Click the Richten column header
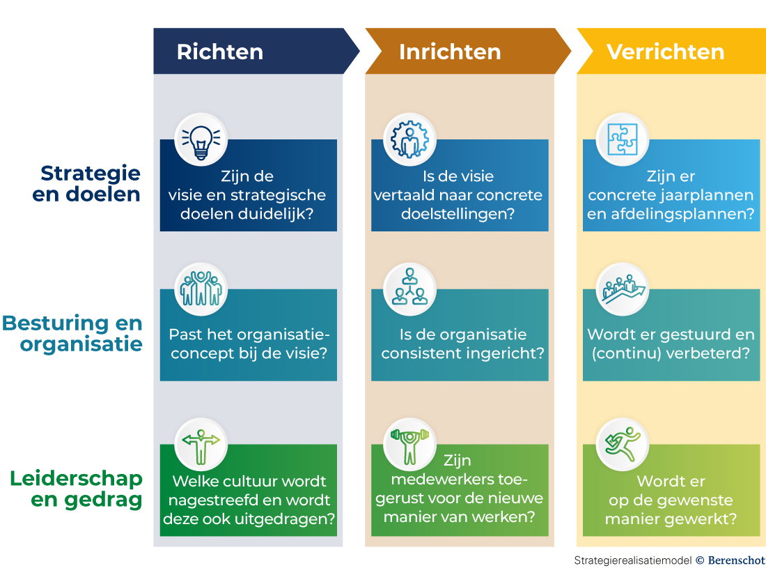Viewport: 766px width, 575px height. tap(220, 52)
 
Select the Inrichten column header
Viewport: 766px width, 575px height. tap(450, 52)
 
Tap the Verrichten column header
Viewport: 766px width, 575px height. tap(666, 52)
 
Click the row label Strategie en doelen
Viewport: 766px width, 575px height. tap(86, 183)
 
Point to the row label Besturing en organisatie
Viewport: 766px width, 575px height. tap(72, 334)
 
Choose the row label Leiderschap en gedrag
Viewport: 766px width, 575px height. tap(77, 489)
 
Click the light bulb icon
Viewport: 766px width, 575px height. tap(201, 139)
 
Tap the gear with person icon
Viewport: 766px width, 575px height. tap(410, 139)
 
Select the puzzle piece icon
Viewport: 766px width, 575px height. tap(623, 139)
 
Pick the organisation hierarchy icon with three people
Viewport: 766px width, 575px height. tap(410, 288)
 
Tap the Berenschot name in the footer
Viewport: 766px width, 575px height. tap(735, 560)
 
